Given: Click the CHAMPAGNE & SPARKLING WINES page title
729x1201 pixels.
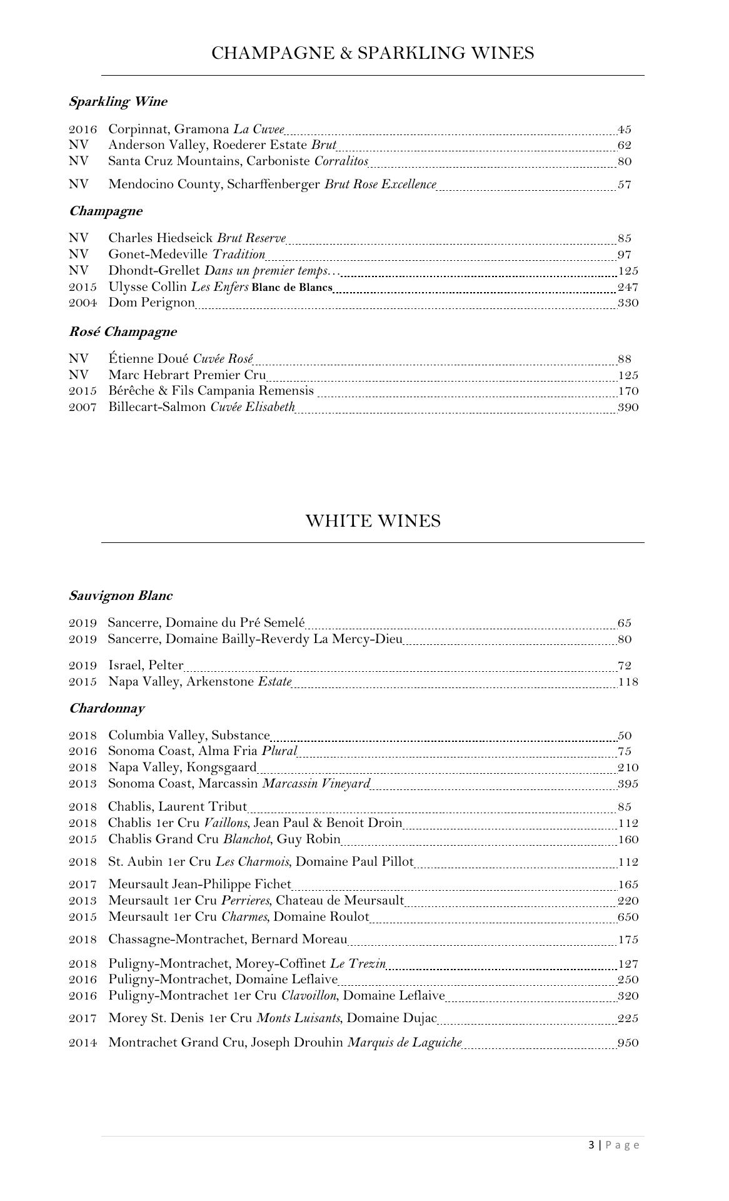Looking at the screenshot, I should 373,53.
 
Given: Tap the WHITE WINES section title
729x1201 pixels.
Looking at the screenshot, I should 373,521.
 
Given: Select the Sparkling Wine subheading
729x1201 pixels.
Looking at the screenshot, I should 118,101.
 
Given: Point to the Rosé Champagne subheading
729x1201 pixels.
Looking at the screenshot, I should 123,332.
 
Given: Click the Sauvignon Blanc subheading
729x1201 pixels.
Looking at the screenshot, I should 121,595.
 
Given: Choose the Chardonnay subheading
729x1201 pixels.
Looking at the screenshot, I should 106,708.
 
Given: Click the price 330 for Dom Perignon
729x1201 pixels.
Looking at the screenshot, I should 628,303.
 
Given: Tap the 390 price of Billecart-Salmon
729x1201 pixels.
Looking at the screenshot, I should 628,407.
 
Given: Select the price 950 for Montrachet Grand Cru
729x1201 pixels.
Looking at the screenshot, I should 628,1043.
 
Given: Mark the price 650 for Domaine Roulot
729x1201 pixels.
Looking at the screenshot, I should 628,917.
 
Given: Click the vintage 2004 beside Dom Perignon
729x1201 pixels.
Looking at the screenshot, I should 83,303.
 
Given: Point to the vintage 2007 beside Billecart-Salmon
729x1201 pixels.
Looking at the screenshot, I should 83,407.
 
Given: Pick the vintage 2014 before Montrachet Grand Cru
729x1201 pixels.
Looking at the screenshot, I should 83,1043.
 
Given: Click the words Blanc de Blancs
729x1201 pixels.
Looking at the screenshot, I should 292,288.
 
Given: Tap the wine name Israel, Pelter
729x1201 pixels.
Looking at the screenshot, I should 146,665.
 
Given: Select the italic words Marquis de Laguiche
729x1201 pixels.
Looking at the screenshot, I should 405,1043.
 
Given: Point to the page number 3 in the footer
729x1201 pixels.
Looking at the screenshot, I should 591,1145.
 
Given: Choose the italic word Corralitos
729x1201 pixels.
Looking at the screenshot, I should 341,161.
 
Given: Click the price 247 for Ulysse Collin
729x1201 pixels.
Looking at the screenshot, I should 628,288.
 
